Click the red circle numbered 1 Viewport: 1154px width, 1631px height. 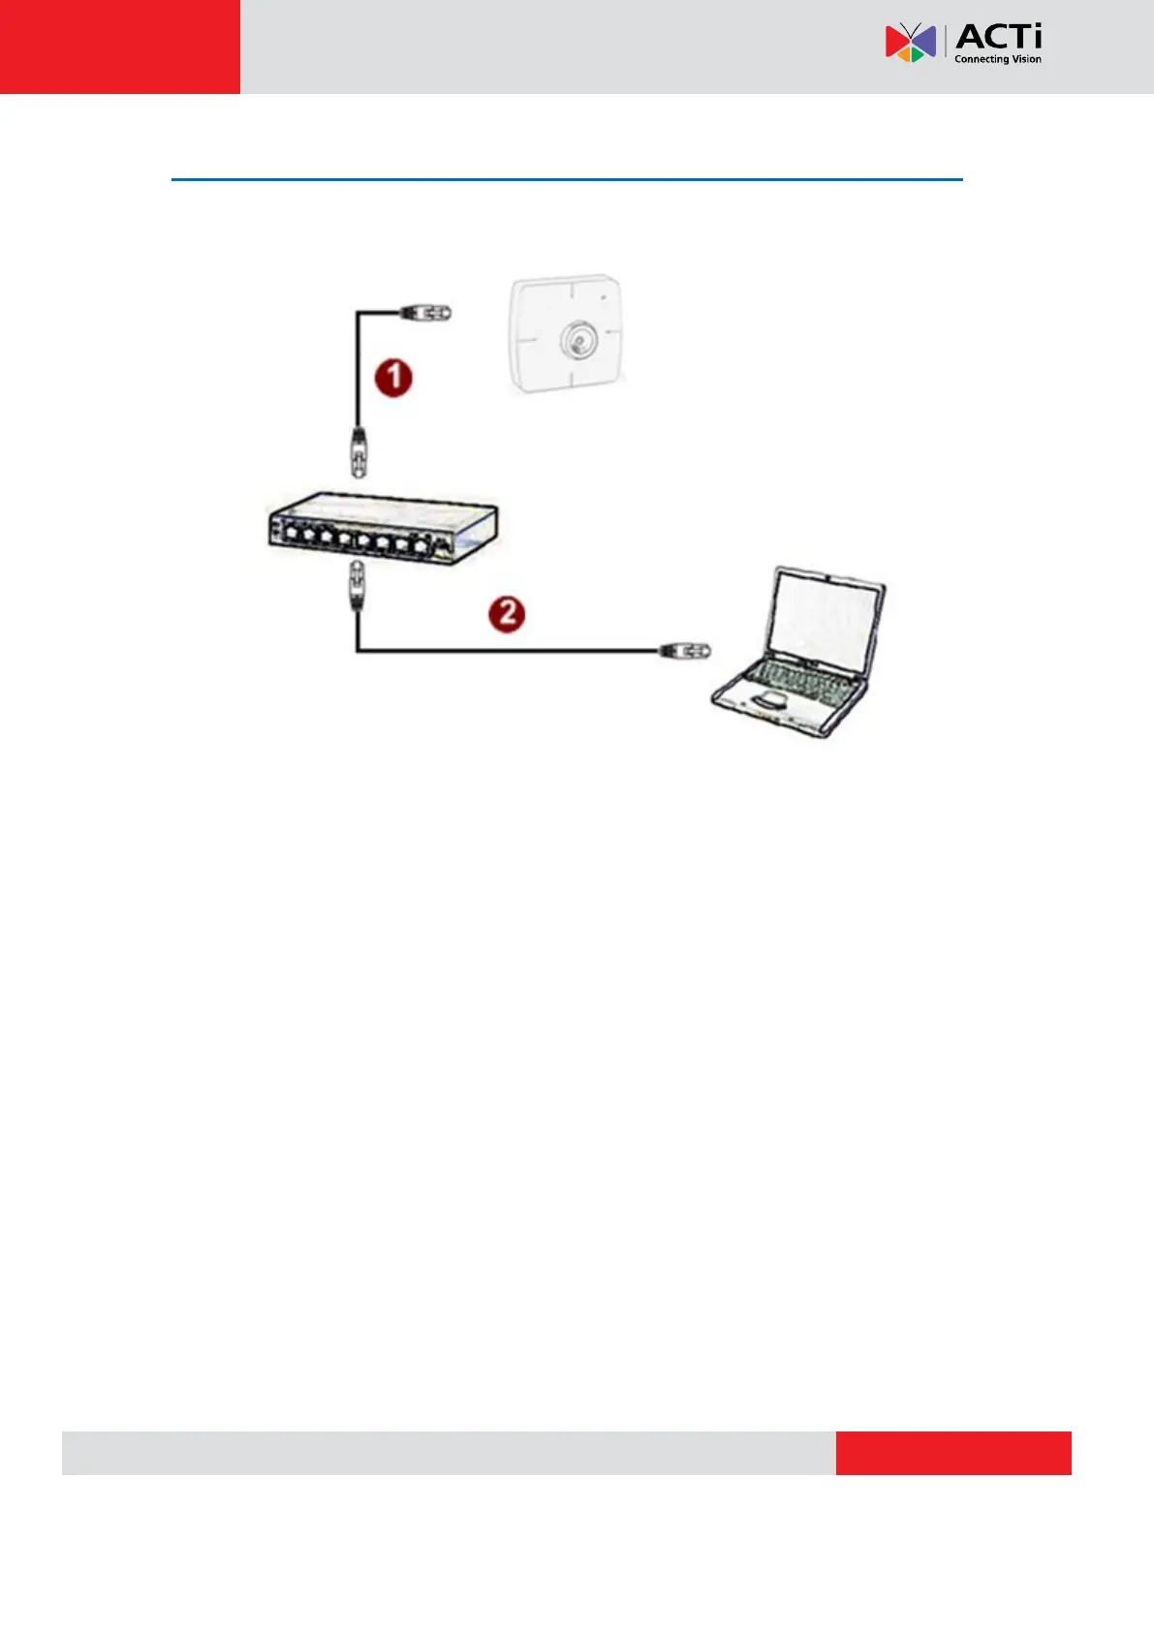pos(393,378)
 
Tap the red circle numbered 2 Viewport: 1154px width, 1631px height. pos(506,614)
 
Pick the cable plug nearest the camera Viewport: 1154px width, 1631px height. pos(426,312)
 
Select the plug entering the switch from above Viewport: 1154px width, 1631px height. pos(359,451)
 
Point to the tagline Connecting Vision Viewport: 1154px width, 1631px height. pos(998,59)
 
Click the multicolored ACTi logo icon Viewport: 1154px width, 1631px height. pos(910,43)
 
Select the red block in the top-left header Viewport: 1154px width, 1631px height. pos(119,46)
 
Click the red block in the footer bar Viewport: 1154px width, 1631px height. pos(953,1453)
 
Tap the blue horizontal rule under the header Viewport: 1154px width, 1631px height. pos(567,179)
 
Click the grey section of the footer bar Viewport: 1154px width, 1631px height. pos(448,1453)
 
